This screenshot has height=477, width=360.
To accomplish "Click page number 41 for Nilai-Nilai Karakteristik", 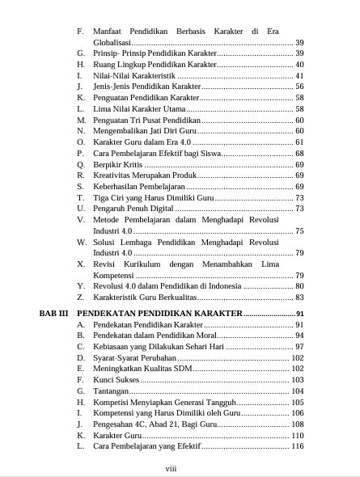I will click(299, 75).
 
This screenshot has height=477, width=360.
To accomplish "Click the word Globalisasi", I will click(116, 42).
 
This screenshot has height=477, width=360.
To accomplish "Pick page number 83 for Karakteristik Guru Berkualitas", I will click(299, 298).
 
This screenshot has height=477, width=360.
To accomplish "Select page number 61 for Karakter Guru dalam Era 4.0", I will click(299, 141).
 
